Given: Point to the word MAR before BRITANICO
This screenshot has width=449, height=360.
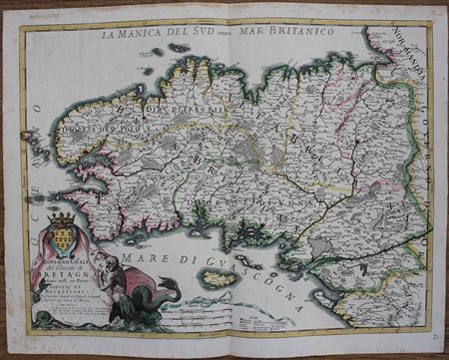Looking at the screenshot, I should pyautogui.click(x=258, y=32).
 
